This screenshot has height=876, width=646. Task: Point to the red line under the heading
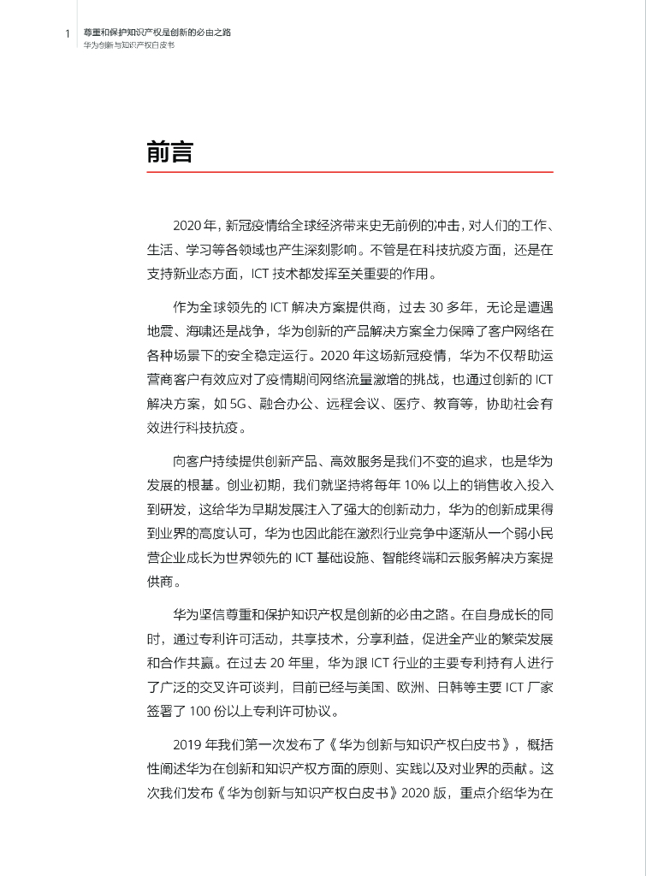click(x=350, y=172)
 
